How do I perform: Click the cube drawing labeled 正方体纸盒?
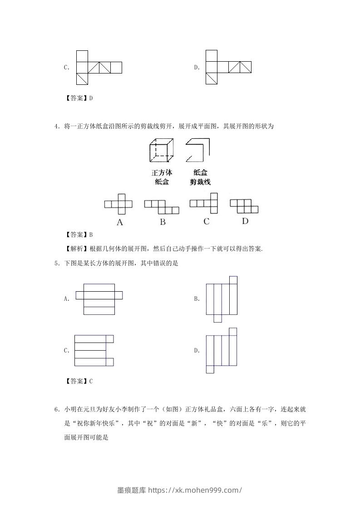[x=161, y=151]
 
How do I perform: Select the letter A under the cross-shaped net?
[x=120, y=222]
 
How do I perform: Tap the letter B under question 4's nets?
[x=163, y=222]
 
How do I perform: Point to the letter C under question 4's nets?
[x=207, y=221]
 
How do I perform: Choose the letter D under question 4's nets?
[x=245, y=221]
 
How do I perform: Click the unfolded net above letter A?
[x=118, y=204]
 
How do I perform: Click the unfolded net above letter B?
[x=162, y=207]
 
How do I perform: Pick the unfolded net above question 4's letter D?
[x=244, y=206]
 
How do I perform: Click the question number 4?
[x=56, y=127]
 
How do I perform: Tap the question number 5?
[x=56, y=263]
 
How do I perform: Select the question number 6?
[x=56, y=410]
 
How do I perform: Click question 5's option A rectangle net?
[x=99, y=299]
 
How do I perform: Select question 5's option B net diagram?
[x=222, y=299]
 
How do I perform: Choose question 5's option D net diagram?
[x=222, y=350]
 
